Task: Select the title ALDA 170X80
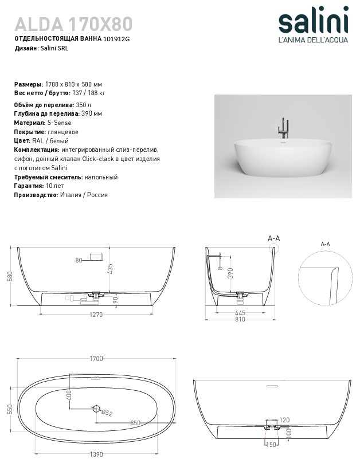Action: tap(73, 23)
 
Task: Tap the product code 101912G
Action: tap(116, 40)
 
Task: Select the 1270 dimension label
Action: tap(96, 314)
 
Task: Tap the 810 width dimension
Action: tap(240, 320)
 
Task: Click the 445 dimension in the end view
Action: tap(240, 313)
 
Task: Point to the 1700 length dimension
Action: tap(96, 359)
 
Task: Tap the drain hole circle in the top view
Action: tap(96, 409)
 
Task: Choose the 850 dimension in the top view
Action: tap(135, 423)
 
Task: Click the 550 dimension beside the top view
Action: tap(9, 409)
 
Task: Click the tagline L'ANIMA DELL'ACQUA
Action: tap(312, 41)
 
